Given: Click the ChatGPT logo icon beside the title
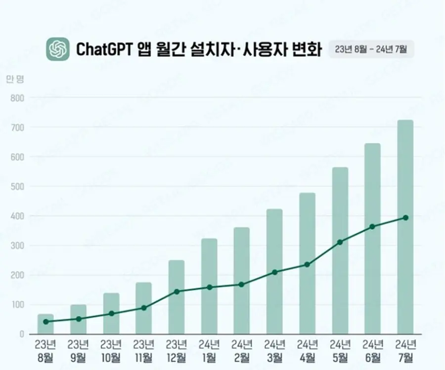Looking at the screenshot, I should (58, 49).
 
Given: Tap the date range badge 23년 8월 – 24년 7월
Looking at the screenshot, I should (371, 49).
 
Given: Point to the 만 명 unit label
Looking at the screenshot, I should (15, 79).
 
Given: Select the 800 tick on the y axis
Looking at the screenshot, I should (17, 98).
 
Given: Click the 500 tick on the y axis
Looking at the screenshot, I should (17, 186).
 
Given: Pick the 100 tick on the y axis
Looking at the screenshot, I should (17, 304).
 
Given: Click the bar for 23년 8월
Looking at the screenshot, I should (45, 326).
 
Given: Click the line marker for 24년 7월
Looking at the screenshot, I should (405, 217).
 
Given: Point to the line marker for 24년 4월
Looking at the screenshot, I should (307, 265).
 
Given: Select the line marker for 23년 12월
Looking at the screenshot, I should (176, 291).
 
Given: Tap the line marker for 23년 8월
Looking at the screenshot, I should (45, 322).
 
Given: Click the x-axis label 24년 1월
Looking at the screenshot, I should (209, 350).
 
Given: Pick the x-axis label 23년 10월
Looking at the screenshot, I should (111, 350).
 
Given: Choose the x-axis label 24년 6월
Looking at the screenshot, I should (372, 350).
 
